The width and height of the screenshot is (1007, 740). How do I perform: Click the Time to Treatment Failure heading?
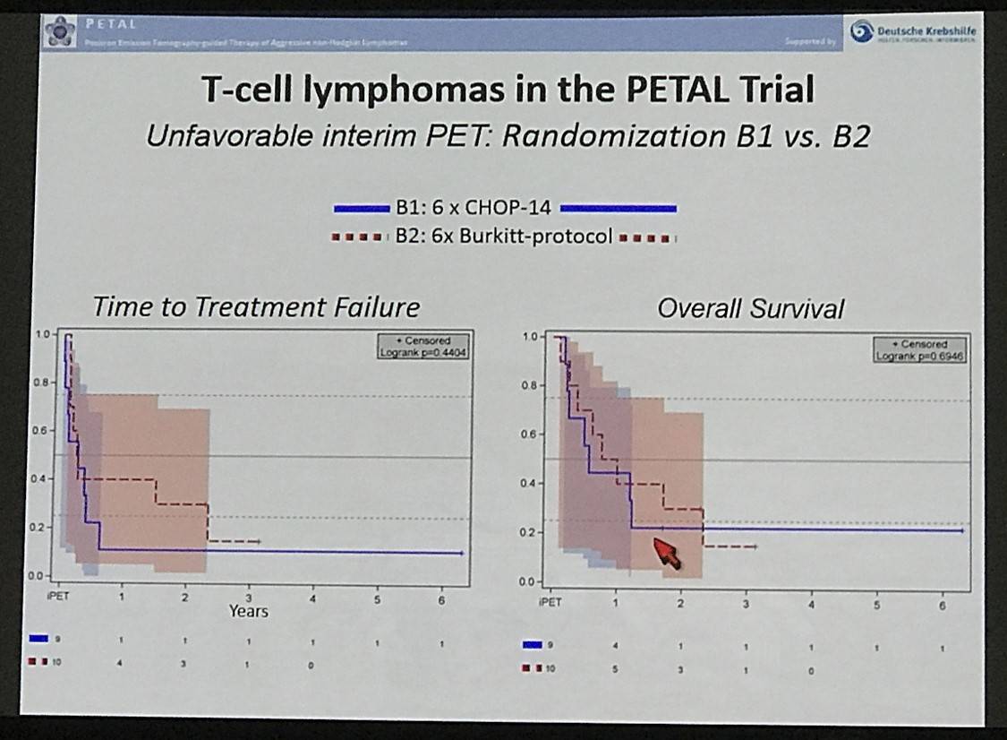click(x=255, y=307)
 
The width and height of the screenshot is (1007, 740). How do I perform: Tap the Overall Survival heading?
click(x=750, y=309)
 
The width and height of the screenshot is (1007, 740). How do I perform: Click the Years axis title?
click(x=248, y=611)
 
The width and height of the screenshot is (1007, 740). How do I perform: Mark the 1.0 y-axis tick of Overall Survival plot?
click(x=530, y=337)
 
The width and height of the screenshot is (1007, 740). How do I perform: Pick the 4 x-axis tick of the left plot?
click(x=312, y=598)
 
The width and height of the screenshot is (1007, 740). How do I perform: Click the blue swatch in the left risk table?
click(x=38, y=639)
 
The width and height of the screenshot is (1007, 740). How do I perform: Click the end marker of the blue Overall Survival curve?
click(x=962, y=530)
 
